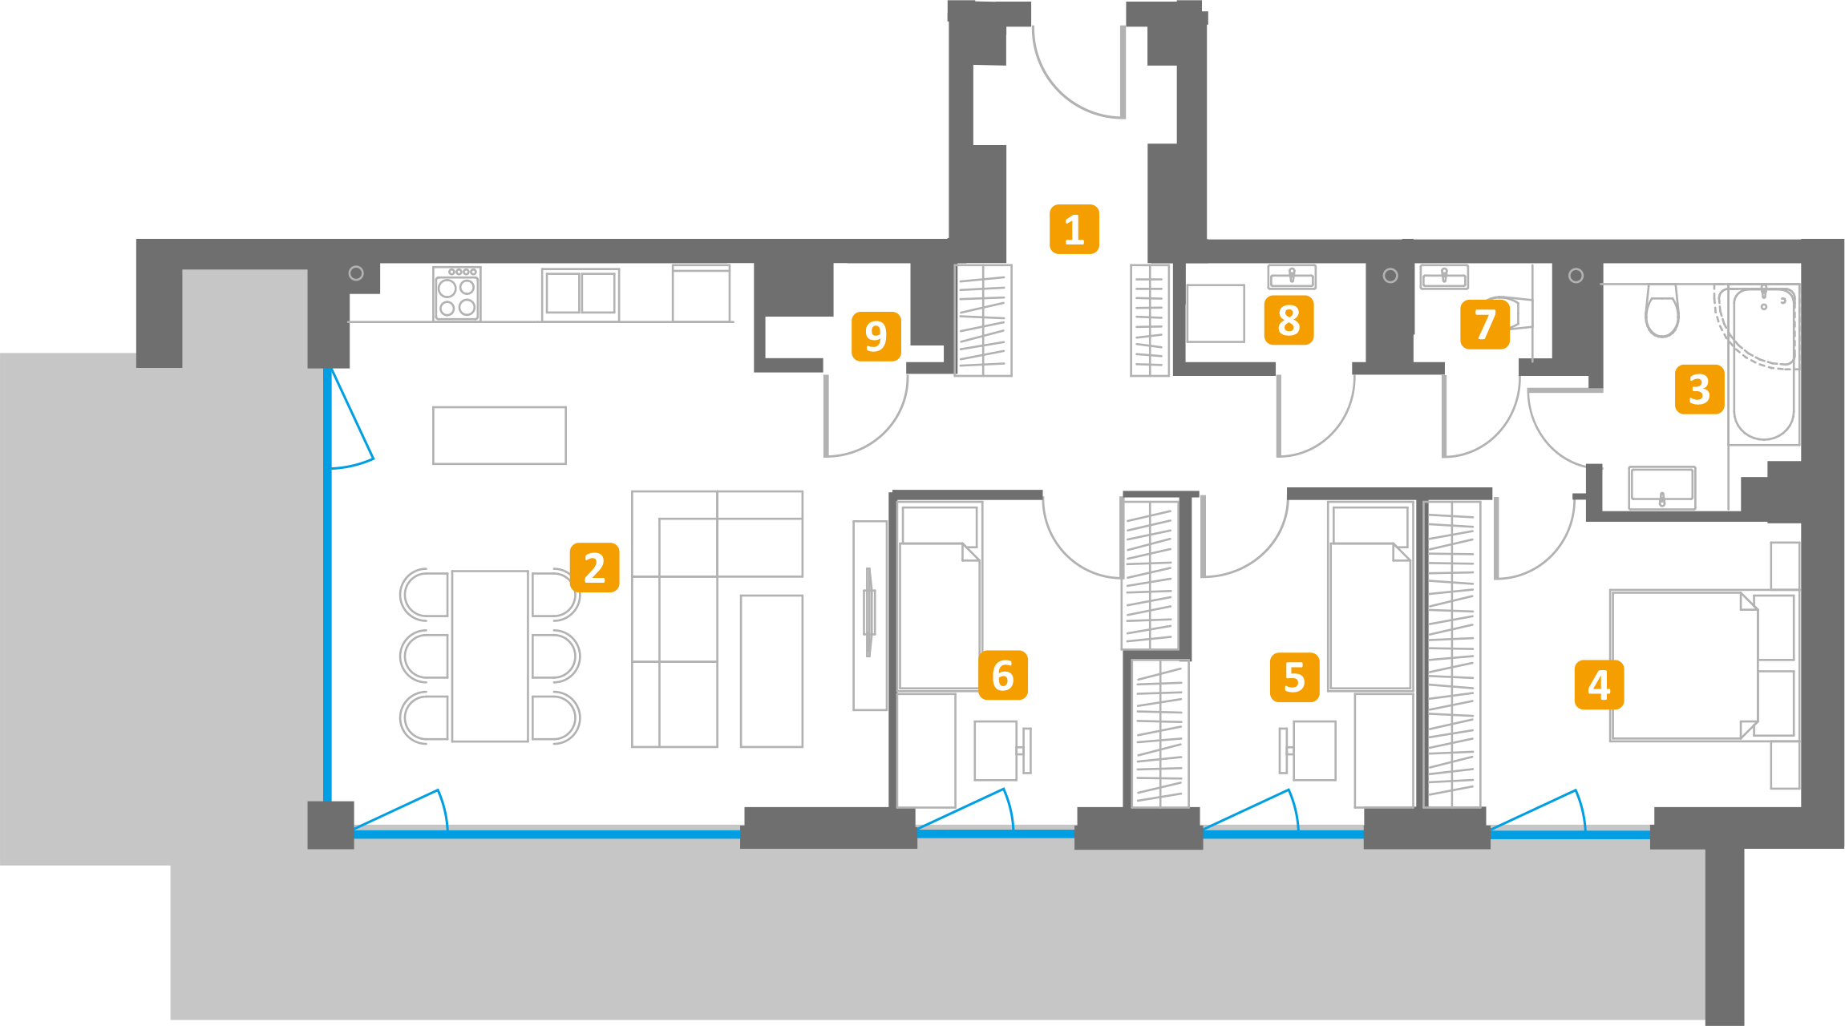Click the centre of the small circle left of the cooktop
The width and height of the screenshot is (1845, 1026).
click(x=356, y=273)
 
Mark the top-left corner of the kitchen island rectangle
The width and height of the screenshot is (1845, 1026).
click(x=433, y=407)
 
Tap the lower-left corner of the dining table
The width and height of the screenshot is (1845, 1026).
click(x=452, y=741)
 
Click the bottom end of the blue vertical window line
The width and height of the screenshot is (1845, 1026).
click(x=327, y=802)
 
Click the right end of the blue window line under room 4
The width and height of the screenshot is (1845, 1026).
click(x=1651, y=834)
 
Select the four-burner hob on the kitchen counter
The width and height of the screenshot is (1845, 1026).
click(x=457, y=294)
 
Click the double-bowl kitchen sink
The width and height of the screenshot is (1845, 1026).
click(x=581, y=294)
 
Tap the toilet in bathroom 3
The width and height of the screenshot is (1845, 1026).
click(x=1662, y=310)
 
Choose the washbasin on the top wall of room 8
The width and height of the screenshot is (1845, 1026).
click(x=1292, y=277)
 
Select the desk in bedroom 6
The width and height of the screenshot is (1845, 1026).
click(x=996, y=750)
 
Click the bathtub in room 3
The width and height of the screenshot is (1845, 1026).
click(x=1763, y=364)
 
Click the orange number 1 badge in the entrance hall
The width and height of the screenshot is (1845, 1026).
click(x=1074, y=229)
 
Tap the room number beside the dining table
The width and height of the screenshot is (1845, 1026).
click(x=594, y=568)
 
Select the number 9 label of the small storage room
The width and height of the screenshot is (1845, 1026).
click(x=876, y=337)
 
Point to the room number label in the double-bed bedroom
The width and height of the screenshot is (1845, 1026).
click(x=1600, y=685)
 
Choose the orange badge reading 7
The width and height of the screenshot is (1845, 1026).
click(x=1485, y=324)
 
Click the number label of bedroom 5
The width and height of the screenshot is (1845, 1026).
click(x=1295, y=677)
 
